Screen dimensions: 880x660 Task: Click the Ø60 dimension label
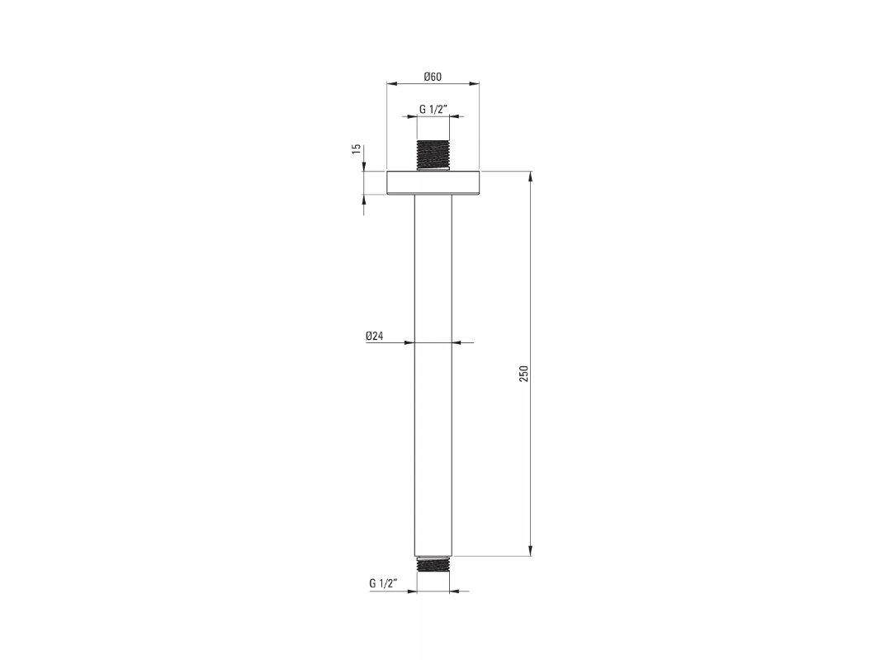tap(432, 76)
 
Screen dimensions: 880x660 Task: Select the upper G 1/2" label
tap(433, 110)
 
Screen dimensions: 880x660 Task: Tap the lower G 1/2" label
tap(383, 583)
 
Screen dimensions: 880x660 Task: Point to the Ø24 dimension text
tap(374, 336)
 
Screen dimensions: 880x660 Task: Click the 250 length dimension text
tap(523, 374)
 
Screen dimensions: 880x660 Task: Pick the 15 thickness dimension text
tap(356, 149)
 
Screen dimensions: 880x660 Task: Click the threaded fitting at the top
tap(433, 153)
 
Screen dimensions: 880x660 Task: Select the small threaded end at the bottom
tap(433, 564)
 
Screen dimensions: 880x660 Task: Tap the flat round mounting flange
tap(433, 182)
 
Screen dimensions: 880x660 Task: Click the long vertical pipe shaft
tap(433, 375)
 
